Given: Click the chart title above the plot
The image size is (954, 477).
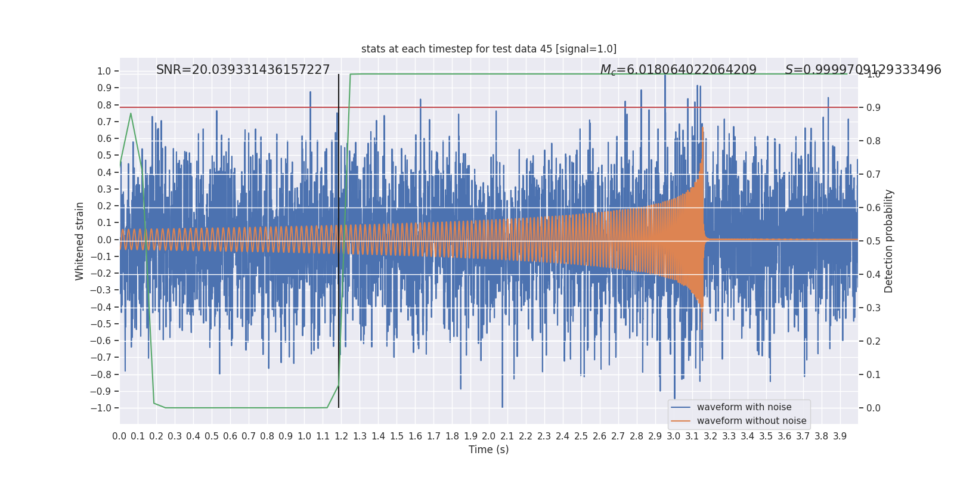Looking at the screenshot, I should pos(488,49).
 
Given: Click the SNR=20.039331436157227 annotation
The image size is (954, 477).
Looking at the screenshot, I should pos(243,70).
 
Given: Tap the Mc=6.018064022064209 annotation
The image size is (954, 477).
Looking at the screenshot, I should pos(678,70).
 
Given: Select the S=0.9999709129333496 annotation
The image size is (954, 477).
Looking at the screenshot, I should pos(863,70).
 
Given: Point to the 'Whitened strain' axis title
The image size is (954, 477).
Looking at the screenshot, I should pos(80,241).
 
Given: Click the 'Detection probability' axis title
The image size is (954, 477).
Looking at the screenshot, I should pos(889,241).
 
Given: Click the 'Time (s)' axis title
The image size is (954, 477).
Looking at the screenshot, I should pos(488,450).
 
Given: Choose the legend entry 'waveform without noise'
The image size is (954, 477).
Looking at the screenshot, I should pos(751,421).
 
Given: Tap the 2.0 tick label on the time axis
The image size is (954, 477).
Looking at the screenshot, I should pos(489,436).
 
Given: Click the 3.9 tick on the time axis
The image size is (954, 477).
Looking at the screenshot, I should pos(840,436).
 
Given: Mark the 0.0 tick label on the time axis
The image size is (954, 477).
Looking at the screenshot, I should pos(119,436).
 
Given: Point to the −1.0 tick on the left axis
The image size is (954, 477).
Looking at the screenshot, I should pos(101,408).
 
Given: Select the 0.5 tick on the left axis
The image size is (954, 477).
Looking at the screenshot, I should pos(104,155).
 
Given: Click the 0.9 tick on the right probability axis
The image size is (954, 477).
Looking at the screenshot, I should pos(874,107).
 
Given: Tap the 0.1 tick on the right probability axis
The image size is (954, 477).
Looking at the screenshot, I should pos(874,374).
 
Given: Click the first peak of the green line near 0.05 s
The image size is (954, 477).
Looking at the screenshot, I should pos(131,113).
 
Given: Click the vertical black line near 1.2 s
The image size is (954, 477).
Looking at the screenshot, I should pos(339,238).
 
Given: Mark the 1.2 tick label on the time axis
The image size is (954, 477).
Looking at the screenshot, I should pos(341,436).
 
